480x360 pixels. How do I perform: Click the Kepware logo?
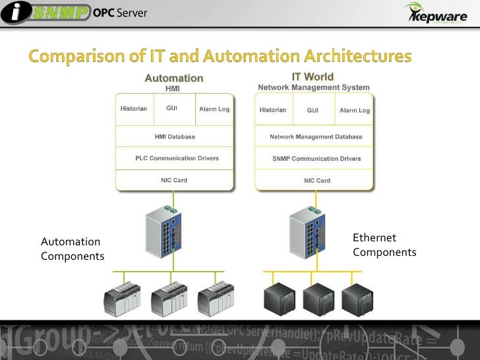pos(435,15)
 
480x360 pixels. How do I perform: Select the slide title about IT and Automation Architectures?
pos(220,56)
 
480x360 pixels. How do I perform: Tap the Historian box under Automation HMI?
pos(133,109)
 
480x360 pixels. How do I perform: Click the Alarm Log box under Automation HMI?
pos(214,109)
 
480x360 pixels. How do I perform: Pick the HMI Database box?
pos(175,137)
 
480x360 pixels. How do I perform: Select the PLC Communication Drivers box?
pos(175,158)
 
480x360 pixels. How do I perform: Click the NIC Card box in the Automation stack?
pos(175,180)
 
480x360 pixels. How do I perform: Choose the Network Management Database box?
pos(316,137)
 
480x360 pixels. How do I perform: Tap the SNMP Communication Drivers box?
pos(316,159)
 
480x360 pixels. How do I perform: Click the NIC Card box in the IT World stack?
pos(316,181)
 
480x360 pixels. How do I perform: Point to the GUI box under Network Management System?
pos(313,110)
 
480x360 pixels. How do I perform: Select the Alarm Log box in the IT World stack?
pos(355,110)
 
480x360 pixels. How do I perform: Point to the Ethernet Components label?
pos(384,245)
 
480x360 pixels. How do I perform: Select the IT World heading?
pos(313,77)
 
